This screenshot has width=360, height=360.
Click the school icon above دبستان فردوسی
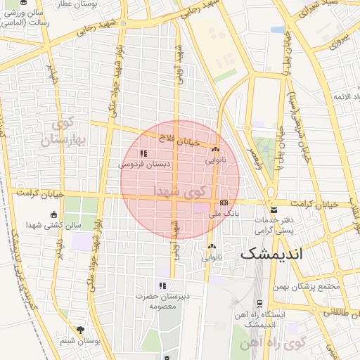click(x=143, y=153)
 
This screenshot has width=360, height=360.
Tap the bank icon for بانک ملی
click(x=224, y=202)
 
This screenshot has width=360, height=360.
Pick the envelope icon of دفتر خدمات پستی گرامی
click(x=273, y=211)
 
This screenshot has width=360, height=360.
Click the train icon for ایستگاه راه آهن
click(x=260, y=304)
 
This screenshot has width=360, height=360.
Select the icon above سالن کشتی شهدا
click(x=55, y=214)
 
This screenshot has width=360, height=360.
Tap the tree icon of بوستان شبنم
click(x=82, y=330)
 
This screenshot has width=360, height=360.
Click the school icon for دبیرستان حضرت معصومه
click(x=162, y=285)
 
